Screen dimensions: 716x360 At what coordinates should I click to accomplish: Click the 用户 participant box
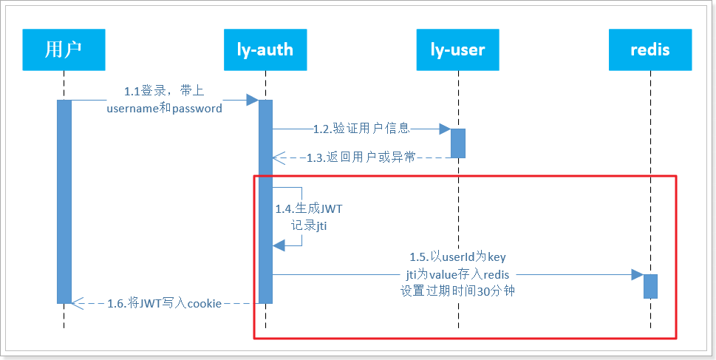[x=64, y=50]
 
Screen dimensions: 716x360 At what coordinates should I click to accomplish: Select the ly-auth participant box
[x=265, y=50]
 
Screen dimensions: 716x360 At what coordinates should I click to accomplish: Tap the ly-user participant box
[x=457, y=50]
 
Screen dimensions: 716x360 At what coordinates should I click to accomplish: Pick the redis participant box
[x=650, y=50]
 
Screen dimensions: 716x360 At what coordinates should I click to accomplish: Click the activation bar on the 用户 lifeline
[x=64, y=202]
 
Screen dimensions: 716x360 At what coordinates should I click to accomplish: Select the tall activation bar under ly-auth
[x=265, y=202]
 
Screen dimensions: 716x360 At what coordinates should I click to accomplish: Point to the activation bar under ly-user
[x=458, y=143]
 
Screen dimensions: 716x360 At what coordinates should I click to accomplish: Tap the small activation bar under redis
[x=651, y=286]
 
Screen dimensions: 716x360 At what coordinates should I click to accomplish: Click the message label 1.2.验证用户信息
[x=361, y=129]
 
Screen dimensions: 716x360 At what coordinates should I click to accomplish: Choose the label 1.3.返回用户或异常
[x=361, y=157]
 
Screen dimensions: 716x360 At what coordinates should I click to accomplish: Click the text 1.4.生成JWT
[x=309, y=209]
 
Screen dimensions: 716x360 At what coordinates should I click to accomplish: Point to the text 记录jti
[x=309, y=225]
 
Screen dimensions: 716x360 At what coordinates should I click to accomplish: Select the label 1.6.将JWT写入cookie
[x=164, y=303]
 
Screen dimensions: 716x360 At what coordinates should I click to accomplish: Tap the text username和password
[x=164, y=108]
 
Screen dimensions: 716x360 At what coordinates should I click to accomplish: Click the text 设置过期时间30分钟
[x=457, y=291]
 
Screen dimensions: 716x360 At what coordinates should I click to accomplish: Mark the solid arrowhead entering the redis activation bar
[x=638, y=274]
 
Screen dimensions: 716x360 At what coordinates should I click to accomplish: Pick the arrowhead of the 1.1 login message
[x=253, y=100]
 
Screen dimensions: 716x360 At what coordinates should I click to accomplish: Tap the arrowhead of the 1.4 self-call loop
[x=279, y=245]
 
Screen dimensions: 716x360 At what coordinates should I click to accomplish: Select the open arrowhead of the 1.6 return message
[x=78, y=303]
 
